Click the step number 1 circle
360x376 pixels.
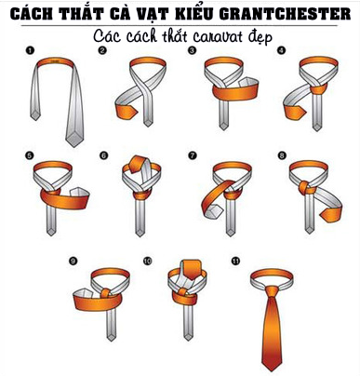click(30, 52)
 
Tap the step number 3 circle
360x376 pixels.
click(192, 51)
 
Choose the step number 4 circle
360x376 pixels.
click(280, 51)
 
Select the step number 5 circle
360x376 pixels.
click(30, 155)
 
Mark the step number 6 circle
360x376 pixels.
click(103, 155)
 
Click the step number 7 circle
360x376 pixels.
click(192, 155)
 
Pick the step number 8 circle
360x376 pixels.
click(280, 155)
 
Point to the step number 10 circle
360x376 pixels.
click(147, 262)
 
